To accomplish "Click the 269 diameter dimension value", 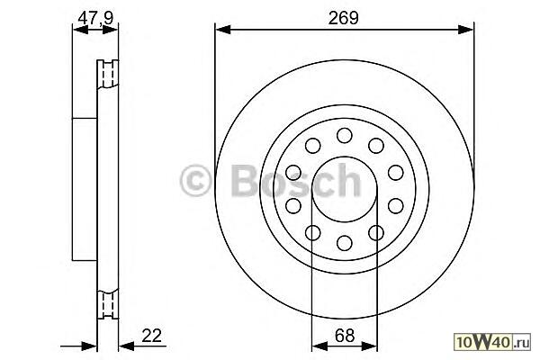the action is click(344, 18).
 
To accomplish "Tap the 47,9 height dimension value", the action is click(95, 18).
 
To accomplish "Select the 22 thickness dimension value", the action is click(151, 335).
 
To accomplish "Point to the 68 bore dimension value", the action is click(344, 335).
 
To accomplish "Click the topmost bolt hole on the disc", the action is click(345, 135).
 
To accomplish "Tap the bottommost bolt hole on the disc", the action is click(345, 242).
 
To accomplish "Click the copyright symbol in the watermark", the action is click(195, 180).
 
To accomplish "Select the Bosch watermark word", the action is click(296, 180).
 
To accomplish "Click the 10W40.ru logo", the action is click(492, 342).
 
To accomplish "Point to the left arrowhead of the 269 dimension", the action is click(222, 30).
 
